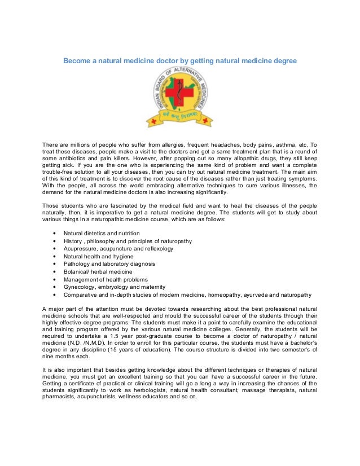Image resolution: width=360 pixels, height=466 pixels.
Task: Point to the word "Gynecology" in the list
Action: [x=80, y=287]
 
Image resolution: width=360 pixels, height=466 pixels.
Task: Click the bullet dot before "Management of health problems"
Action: [x=54, y=279]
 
